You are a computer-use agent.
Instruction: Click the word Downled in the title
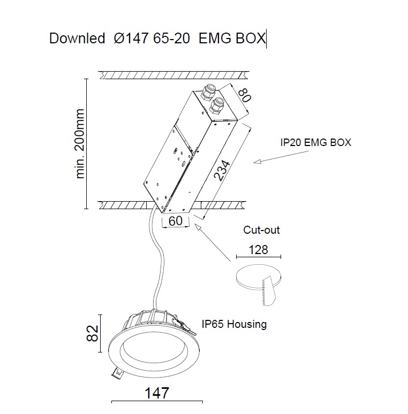click(77, 39)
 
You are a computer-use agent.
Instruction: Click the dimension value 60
click(176, 220)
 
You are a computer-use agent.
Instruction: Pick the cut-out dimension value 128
click(258, 249)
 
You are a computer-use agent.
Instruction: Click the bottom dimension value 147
click(157, 393)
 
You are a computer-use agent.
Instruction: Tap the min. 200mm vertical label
click(81, 143)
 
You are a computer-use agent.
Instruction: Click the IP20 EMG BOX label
click(316, 143)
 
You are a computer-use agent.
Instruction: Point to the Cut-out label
click(262, 231)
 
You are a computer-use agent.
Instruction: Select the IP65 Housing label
click(234, 324)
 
